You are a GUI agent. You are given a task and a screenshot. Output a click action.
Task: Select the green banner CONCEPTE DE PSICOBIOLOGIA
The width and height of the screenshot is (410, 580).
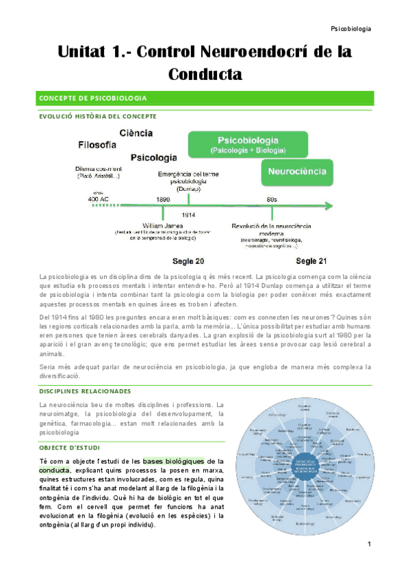pyautogui.click(x=205, y=98)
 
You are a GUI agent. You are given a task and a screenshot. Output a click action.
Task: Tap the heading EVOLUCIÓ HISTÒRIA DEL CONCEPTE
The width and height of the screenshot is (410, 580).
pyautogui.click(x=97, y=116)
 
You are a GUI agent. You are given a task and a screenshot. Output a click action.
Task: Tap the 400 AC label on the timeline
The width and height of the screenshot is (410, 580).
pyautogui.click(x=98, y=199)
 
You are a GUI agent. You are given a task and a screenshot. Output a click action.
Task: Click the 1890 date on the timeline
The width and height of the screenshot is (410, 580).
pyautogui.click(x=163, y=199)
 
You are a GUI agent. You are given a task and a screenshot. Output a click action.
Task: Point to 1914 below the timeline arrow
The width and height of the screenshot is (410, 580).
pyautogui.click(x=189, y=215)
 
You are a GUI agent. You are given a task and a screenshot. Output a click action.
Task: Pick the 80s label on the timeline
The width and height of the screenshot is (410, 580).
pyautogui.click(x=272, y=199)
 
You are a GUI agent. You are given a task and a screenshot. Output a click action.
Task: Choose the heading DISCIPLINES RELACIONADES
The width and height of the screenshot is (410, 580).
pyautogui.click(x=85, y=391)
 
